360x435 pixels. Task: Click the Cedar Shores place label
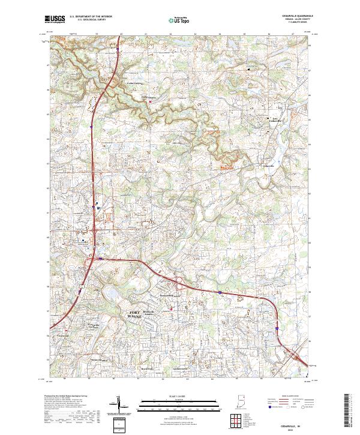pos(148,97)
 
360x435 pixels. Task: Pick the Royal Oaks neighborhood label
pos(147,368)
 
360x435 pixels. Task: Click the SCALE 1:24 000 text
pos(180,397)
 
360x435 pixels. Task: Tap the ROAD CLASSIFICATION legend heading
pos(291,397)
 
